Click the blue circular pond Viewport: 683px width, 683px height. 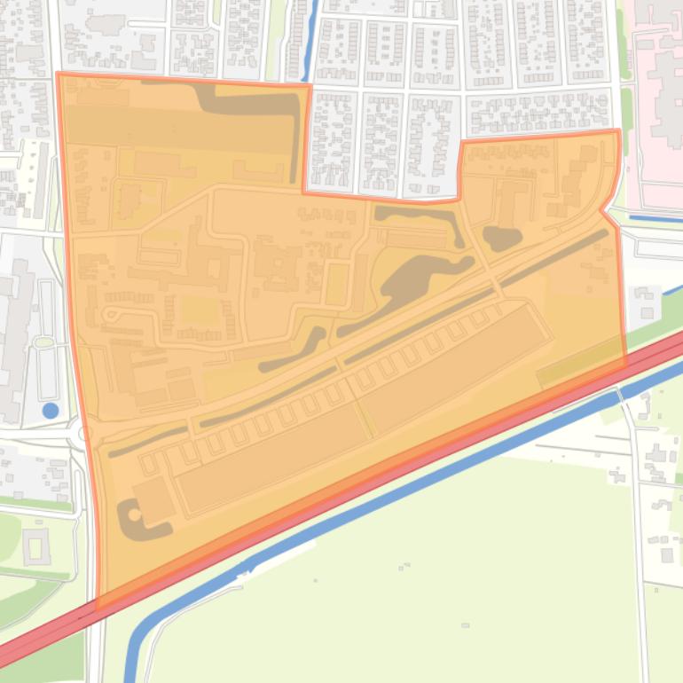click(x=51, y=410)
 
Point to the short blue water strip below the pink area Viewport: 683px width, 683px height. click(x=656, y=218)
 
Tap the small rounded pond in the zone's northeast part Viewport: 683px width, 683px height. click(x=501, y=238)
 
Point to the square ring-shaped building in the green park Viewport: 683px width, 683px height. click(x=36, y=546)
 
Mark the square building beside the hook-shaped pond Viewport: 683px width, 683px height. click(x=154, y=499)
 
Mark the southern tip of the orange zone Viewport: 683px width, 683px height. click(x=98, y=607)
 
